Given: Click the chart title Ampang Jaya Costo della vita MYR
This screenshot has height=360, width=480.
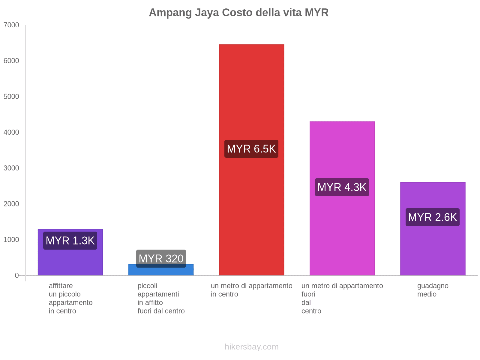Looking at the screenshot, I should coord(239,13).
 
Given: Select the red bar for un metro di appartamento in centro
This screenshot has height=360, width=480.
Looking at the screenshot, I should coord(251,90).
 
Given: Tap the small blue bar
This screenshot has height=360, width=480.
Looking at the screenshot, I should coord(161,271).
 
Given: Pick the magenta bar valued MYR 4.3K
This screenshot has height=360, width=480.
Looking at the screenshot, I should coord(342,150).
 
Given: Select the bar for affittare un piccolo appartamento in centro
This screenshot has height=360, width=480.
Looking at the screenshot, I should coord(70,261).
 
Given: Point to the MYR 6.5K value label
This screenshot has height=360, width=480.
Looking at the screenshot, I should coord(251,149).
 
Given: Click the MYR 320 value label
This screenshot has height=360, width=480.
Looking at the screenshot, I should coord(161,258).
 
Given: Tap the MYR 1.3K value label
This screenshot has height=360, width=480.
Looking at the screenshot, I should coord(70,241).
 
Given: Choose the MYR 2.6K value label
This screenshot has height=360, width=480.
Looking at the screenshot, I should coord(433,217).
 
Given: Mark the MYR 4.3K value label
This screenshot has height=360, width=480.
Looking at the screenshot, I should coord(342,187).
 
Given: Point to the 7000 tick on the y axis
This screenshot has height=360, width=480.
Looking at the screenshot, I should coord(11,25).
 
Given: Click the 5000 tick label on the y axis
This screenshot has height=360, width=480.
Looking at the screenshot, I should coord(11,97).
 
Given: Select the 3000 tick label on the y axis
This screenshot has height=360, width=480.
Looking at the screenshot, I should coord(11,168).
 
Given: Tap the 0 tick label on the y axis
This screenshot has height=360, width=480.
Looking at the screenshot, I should coord(17,275).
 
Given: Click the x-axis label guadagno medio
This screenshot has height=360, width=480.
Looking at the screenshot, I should coord(433,290).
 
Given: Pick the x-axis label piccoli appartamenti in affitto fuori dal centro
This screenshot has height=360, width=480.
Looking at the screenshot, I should coord(161,298).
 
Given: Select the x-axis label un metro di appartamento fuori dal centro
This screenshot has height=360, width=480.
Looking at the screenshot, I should coord(342,298).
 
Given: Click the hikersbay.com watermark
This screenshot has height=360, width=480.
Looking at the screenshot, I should coord(251,347).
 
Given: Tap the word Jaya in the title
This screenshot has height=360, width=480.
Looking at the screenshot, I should coord(207,13).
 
